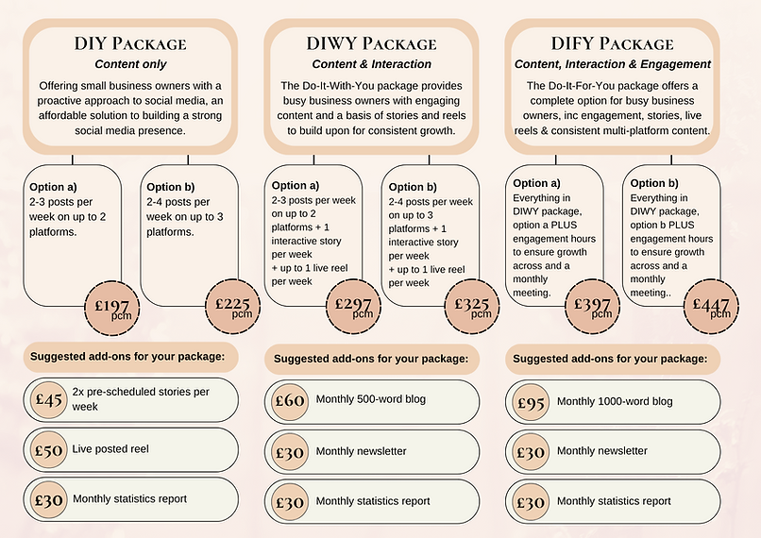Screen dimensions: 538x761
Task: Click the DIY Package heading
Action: pos(130,43)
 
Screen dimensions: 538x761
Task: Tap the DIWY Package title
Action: pos(371,43)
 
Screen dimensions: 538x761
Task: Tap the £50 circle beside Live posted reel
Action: pos(49,449)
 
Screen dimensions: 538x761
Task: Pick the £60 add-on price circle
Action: pos(289,400)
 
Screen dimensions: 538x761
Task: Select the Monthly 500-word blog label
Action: pos(371,399)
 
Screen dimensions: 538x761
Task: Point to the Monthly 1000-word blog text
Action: pos(615,401)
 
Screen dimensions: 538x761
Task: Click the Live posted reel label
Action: pos(110,449)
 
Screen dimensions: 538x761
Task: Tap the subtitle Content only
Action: pos(130,64)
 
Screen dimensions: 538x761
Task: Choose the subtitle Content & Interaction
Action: pos(371,64)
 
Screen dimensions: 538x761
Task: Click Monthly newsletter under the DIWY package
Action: pos(361,451)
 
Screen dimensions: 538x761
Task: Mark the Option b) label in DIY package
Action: pos(168,186)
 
